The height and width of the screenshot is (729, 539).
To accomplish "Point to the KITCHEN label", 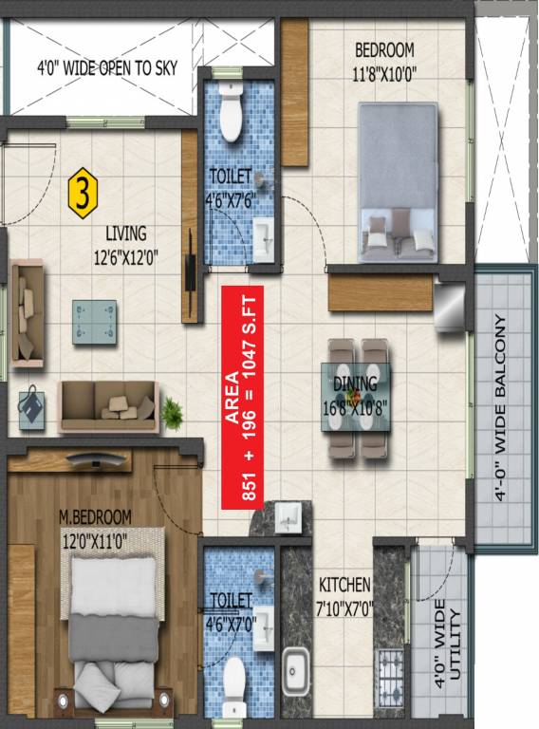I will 344,585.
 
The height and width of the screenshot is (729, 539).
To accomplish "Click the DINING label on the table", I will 355,384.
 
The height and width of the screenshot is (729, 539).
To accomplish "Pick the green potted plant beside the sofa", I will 172,411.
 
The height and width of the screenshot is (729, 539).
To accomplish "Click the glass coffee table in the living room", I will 95,313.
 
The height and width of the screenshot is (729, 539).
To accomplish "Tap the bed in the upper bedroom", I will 398,180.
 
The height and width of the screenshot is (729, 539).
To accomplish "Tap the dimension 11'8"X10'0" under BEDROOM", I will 385,69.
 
